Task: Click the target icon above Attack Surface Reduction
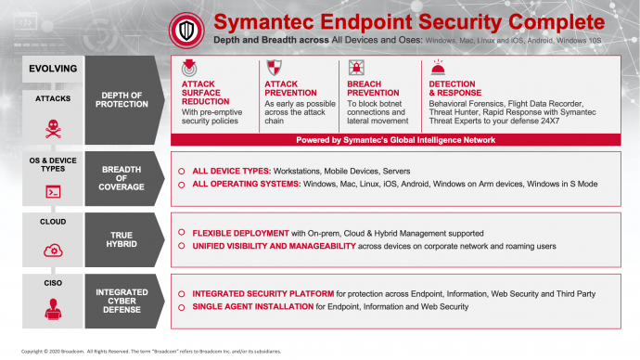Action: coord(190,68)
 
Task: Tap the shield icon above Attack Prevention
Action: coord(274,68)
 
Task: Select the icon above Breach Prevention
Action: coord(355,68)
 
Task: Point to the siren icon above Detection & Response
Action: coord(438,67)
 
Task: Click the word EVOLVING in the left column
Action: coord(53,69)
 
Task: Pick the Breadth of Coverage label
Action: coord(122,178)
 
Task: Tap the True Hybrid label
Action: coord(122,239)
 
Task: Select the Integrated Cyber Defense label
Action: coord(122,301)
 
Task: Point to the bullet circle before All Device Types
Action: coord(182,172)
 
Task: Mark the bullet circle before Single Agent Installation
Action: coord(182,306)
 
